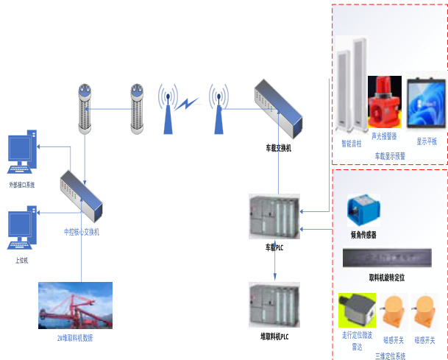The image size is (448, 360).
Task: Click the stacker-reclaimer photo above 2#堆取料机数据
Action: coord(75,305)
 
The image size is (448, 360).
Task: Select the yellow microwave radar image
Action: coord(357,310)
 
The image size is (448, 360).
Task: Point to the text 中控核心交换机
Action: coord(81,233)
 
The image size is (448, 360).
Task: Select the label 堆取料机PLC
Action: coord(274,336)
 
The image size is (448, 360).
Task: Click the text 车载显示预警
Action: coord(389,156)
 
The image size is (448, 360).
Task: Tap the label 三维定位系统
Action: coord(390,356)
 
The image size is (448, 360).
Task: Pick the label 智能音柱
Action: coord(352,144)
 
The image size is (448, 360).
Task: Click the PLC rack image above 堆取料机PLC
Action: coord(274,303)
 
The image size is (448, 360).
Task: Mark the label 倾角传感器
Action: coord(363,235)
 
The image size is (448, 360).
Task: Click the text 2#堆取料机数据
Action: coord(75,338)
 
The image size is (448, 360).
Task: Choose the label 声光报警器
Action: coord(384,136)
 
